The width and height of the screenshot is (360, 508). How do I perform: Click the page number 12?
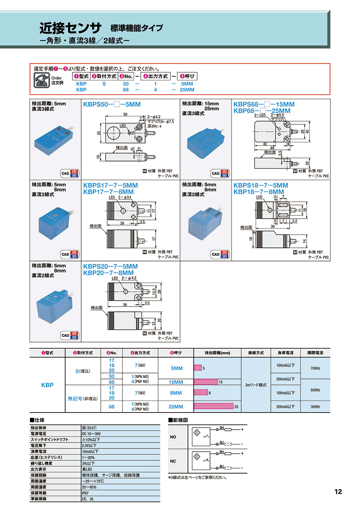point(338,492)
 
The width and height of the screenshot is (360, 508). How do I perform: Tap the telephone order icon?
point(40,80)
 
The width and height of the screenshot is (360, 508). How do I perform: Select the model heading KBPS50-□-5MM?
point(112,104)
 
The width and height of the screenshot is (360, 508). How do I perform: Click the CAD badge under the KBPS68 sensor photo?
point(220,173)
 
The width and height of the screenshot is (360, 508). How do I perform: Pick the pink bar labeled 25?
point(213,406)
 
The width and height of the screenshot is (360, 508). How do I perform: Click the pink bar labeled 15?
point(206,382)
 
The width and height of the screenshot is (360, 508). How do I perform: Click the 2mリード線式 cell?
point(255,385)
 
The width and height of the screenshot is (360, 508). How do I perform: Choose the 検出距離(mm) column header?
point(217,353)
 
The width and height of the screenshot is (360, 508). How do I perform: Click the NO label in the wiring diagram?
point(173,437)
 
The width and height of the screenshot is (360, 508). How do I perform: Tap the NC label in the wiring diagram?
point(173,461)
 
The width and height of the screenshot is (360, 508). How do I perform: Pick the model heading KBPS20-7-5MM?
point(110,266)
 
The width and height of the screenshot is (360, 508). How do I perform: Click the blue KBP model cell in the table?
point(47,385)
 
